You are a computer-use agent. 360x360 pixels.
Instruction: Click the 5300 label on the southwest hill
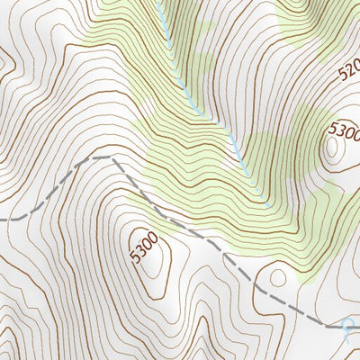(x=144, y=248)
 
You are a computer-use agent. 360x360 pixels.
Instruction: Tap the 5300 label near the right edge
(x=345, y=132)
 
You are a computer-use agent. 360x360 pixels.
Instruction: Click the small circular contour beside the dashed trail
(x=277, y=278)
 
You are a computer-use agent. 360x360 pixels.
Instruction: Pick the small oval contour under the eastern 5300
(x=335, y=151)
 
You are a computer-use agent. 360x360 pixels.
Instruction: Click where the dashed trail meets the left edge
(x=1, y=218)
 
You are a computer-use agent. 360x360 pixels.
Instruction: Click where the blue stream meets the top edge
(x=158, y=1)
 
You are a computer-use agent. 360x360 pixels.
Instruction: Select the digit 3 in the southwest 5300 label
(x=140, y=252)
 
